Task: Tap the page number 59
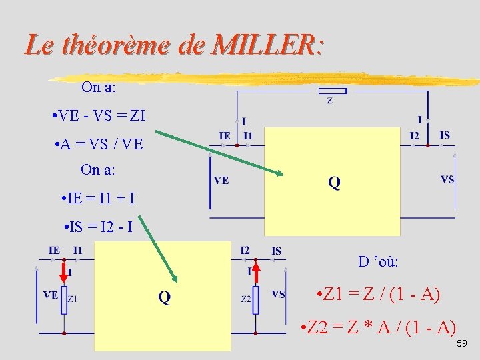(462, 343)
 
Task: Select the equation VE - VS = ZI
(99, 116)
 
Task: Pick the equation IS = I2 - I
(99, 227)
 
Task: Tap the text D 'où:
(378, 261)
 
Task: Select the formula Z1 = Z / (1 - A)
(379, 294)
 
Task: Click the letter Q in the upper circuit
(334, 183)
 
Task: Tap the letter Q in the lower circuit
(164, 297)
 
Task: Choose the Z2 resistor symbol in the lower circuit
(256, 299)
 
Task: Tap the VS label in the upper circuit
(447, 179)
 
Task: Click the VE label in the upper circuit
(221, 180)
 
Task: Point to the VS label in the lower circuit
(279, 294)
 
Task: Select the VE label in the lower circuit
(51, 295)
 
